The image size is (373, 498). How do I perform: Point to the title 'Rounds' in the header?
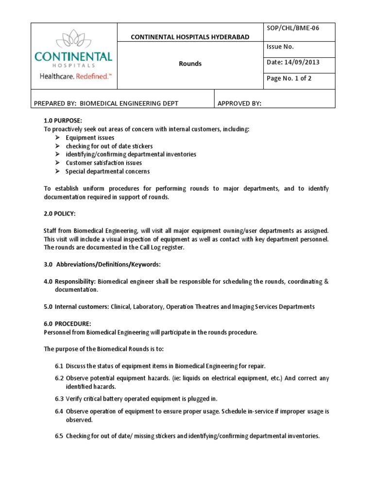click(190, 64)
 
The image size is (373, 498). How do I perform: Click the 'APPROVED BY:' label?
click(239, 103)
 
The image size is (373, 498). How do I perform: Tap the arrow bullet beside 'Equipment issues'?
click(57, 138)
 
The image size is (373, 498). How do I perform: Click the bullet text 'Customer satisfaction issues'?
click(104, 163)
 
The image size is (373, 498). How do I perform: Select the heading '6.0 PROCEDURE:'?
click(68, 323)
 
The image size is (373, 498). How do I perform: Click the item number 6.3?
click(59, 399)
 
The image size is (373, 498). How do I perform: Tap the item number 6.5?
click(59, 436)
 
